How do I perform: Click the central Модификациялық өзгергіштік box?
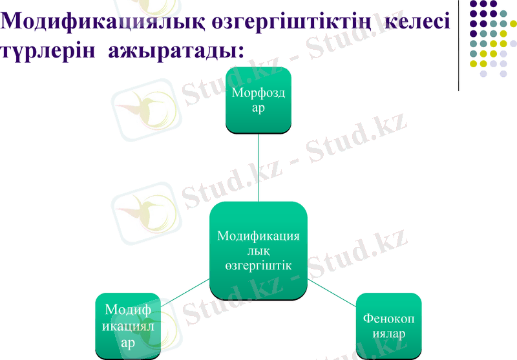(258, 251)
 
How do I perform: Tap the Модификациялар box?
(128, 326)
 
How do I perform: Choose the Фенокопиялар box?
(388, 326)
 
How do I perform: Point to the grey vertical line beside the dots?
(459, 45)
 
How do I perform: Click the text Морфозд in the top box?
(258, 94)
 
